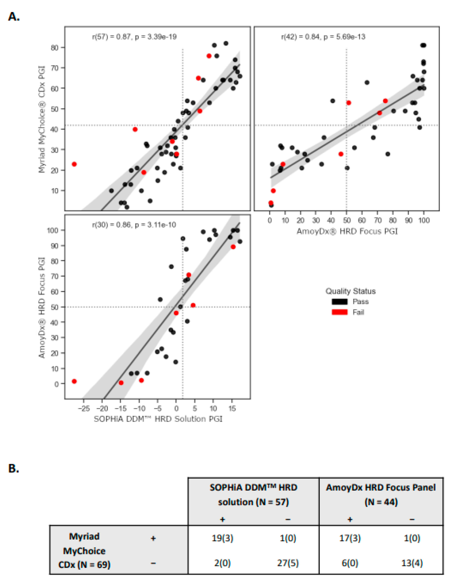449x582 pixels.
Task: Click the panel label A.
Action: pyautogui.click(x=14, y=16)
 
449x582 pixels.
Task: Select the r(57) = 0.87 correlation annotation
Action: pyautogui.click(x=134, y=37)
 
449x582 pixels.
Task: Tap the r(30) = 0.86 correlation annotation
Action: pyautogui.click(x=134, y=225)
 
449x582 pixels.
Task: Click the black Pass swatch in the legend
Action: pyautogui.click(x=339, y=301)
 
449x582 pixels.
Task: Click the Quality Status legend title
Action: pyautogui.click(x=350, y=291)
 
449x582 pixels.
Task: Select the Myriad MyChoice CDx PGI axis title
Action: pyautogui.click(x=42, y=119)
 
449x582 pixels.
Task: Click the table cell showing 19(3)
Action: pyautogui.click(x=222, y=538)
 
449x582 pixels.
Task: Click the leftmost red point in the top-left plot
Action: pyautogui.click(x=74, y=164)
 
